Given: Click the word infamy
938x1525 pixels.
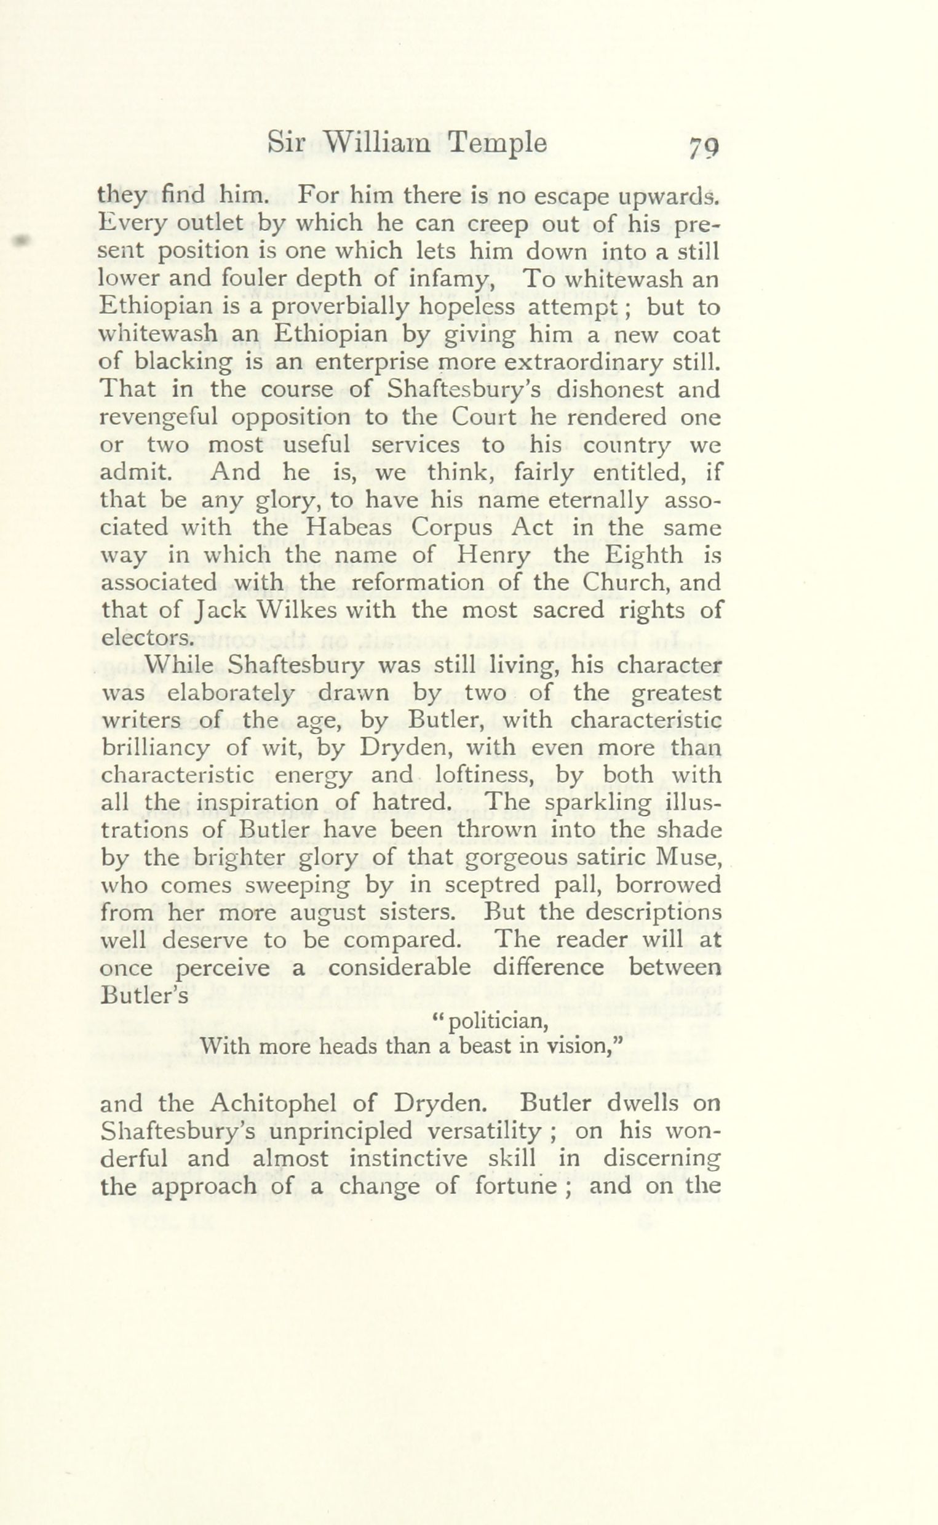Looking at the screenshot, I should pyautogui.click(x=450, y=281).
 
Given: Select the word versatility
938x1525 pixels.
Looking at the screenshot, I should pyautogui.click(x=478, y=1132).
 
